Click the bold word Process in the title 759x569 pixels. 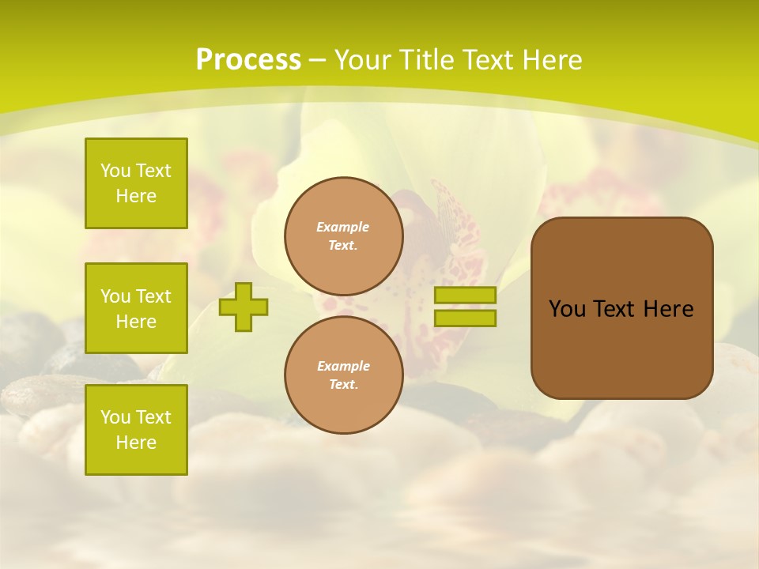pyautogui.click(x=248, y=60)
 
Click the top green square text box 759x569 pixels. pyautogui.click(x=136, y=183)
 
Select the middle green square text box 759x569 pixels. pyautogui.click(x=136, y=308)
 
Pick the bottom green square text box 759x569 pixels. pyautogui.click(x=136, y=430)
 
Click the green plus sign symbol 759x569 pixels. pyautogui.click(x=244, y=307)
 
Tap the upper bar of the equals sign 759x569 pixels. pyautogui.click(x=465, y=295)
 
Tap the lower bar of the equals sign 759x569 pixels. pyautogui.click(x=465, y=318)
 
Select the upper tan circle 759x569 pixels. pyautogui.click(x=343, y=236)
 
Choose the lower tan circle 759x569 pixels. pyautogui.click(x=343, y=375)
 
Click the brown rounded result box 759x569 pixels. pyautogui.click(x=621, y=308)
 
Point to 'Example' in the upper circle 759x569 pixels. pyautogui.click(x=343, y=227)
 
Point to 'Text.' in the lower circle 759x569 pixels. pyautogui.click(x=343, y=385)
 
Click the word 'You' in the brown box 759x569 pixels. pyautogui.click(x=567, y=309)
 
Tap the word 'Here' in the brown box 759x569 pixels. pyautogui.click(x=668, y=309)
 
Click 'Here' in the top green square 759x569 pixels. pyautogui.click(x=136, y=196)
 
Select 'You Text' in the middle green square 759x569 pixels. pyautogui.click(x=136, y=296)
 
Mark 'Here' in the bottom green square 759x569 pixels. pyautogui.click(x=136, y=443)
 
